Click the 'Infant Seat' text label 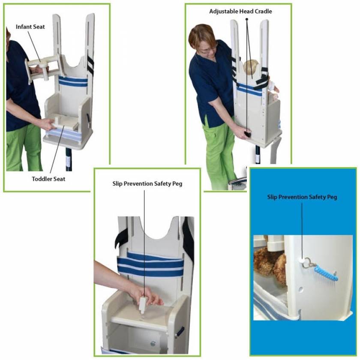[x=30, y=27]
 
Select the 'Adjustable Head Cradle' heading [x=240, y=11]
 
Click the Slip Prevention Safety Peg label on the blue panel [x=302, y=197]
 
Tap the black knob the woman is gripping [x=247, y=134]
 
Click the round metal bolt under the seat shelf [x=153, y=342]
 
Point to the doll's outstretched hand [x=274, y=90]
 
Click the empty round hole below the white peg [x=300, y=290]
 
